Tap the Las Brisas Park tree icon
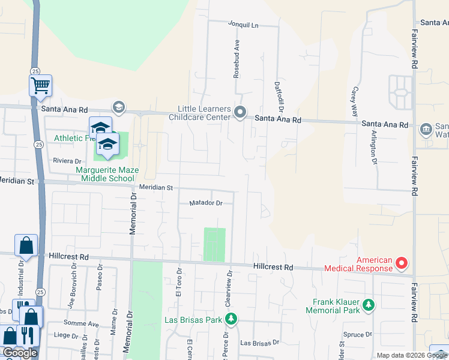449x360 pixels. pyautogui.click(x=229, y=319)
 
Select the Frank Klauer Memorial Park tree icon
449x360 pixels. pyautogui.click(x=369, y=305)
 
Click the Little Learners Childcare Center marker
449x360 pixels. pyautogui.click(x=240, y=112)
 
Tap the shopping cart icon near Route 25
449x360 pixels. pyautogui.click(x=40, y=85)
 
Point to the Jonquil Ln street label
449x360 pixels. pyautogui.click(x=243, y=25)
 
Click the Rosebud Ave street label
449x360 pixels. pyautogui.click(x=237, y=59)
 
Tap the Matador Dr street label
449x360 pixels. pyautogui.click(x=206, y=203)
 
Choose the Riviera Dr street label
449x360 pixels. pyautogui.click(x=67, y=161)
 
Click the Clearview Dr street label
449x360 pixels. pyautogui.click(x=229, y=288)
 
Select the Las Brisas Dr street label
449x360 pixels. pyautogui.click(x=259, y=343)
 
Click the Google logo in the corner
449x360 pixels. pyautogui.click(x=20, y=353)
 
